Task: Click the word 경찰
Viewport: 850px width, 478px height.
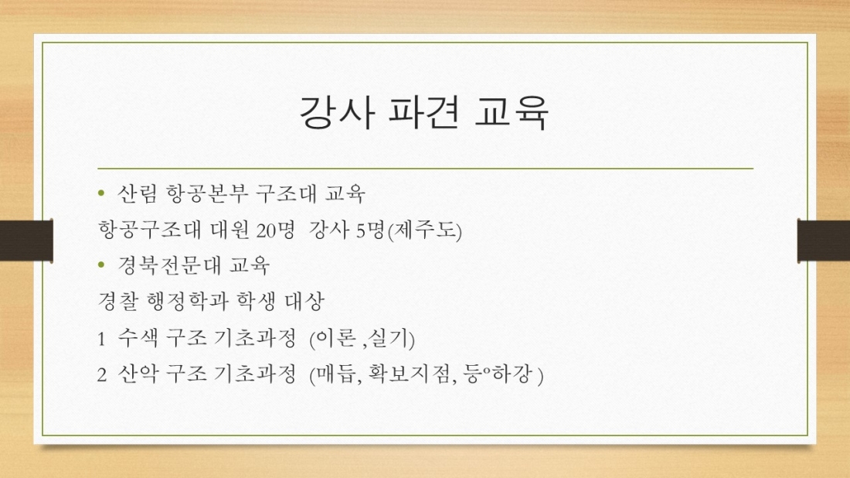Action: (117, 302)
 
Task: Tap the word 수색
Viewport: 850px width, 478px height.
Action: (138, 340)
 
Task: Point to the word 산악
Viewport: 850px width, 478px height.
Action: (138, 377)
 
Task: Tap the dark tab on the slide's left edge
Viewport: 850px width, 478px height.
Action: (26, 240)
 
